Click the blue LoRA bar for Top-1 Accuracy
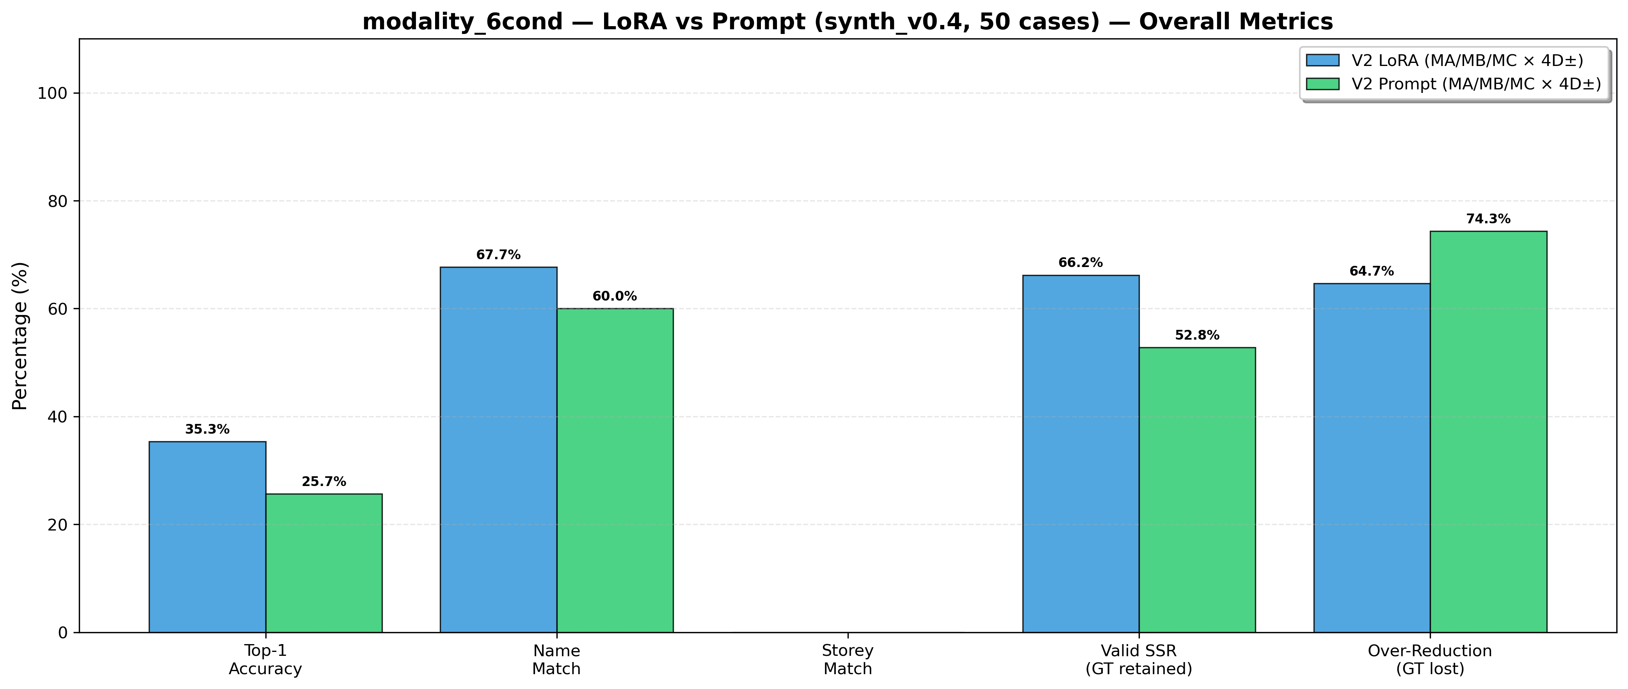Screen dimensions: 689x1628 tap(207, 537)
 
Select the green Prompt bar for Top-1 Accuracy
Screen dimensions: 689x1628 tap(323, 563)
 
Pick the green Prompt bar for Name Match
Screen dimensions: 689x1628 tap(615, 470)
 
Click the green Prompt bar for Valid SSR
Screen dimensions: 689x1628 tap(1197, 490)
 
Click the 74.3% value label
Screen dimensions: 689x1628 tap(1488, 219)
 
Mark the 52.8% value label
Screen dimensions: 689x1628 tap(1197, 336)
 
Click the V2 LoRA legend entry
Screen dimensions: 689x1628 tap(1454, 61)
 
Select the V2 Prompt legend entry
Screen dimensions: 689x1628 tap(1454, 84)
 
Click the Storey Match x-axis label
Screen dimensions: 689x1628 tap(848, 659)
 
